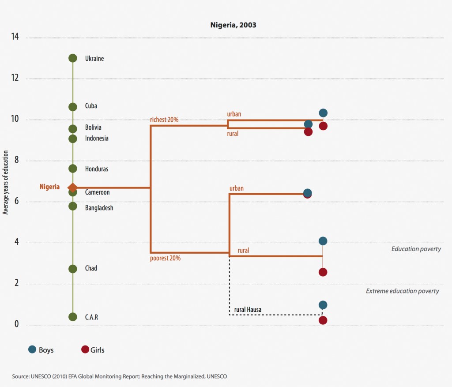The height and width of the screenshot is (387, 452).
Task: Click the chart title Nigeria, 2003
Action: coord(233,25)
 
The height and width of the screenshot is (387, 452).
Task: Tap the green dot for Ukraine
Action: coord(73,58)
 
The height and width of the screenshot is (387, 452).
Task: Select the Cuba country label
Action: coord(91,106)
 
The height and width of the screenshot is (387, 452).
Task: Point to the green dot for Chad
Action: coord(73,269)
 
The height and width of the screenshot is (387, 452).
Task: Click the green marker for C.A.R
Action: coord(73,317)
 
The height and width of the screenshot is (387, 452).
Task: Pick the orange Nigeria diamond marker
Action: coord(73,188)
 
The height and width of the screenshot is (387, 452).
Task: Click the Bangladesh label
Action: coord(99,207)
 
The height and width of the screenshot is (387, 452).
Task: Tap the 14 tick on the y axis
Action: coord(15,37)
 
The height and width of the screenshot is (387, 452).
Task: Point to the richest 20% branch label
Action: coord(164,120)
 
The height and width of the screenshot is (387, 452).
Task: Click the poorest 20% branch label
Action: coord(166,258)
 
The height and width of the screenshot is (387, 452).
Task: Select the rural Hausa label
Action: coord(248,310)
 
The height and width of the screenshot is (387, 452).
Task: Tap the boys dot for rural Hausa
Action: coord(323,305)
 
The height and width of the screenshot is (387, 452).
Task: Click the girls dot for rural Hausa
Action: coord(323,320)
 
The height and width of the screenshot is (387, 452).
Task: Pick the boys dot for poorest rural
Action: coord(323,241)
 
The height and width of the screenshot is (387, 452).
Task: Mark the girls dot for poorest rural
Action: coord(323,272)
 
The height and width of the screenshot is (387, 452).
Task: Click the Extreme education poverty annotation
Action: coord(402,291)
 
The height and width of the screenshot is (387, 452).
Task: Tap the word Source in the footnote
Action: coord(21,376)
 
